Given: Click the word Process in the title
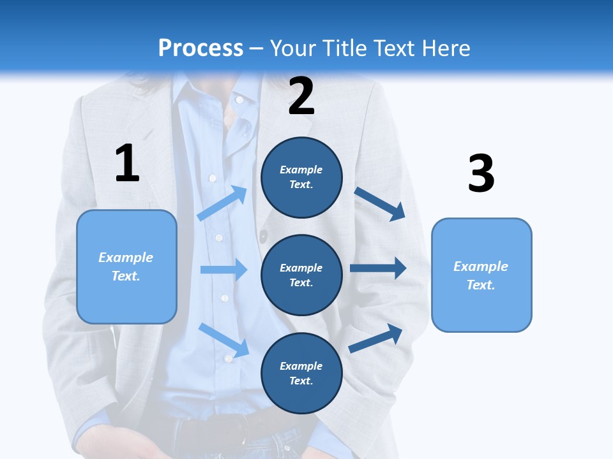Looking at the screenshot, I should coord(201,48).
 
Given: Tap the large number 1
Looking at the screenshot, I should coord(127,163).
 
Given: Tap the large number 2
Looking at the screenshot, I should coord(301,96).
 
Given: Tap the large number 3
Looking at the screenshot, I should coord(481,174).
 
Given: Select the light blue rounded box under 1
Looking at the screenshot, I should coord(126,266).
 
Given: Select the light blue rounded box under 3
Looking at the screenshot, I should coord(481,275).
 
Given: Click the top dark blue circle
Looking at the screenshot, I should coord(301,177).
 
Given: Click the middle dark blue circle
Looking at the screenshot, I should coord(301,275).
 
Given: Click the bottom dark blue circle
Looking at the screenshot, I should coord(301,373).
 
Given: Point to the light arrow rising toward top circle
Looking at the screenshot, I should coord(222,203).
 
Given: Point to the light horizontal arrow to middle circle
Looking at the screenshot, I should coord(223,270).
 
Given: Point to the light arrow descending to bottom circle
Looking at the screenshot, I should coord(224,340).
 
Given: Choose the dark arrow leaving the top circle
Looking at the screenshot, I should coord(379,204).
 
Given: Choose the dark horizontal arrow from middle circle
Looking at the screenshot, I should coord(377,268).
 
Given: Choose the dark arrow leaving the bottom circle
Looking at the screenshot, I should coord(376,339).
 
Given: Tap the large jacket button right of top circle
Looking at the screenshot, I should coord(263,237).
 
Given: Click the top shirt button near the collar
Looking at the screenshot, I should coord(239,99).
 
